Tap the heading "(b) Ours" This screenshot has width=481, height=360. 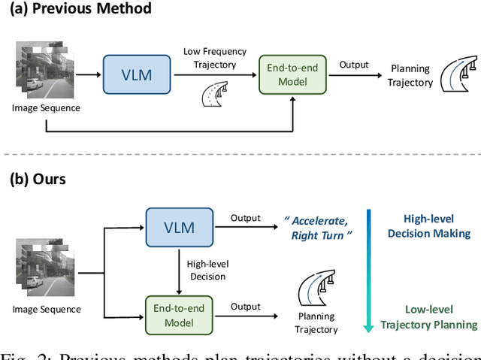[x=38, y=180]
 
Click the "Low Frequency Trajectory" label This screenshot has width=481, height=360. [x=214, y=57]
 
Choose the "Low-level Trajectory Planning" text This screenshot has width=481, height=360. [x=429, y=317]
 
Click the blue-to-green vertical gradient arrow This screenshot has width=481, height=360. [x=368, y=271]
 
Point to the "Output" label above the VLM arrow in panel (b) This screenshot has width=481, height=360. [x=245, y=218]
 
